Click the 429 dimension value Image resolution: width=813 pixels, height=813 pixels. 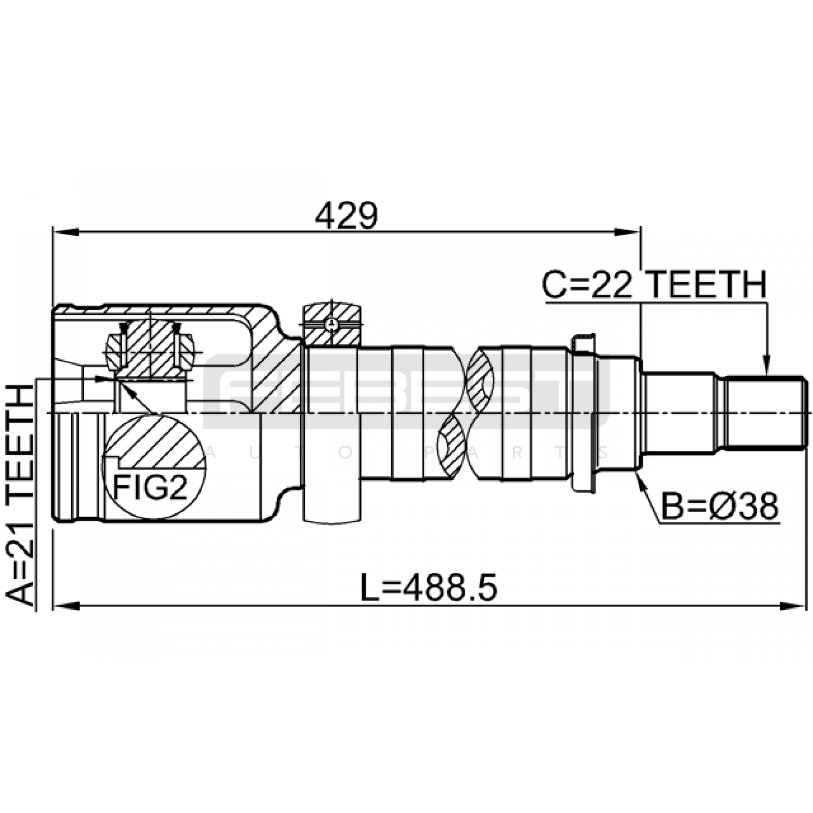(x=346, y=216)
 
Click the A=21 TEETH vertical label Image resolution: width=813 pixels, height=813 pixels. (x=20, y=495)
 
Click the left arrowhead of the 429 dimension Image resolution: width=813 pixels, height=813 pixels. (x=66, y=232)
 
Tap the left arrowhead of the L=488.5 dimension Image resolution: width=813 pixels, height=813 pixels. (x=66, y=606)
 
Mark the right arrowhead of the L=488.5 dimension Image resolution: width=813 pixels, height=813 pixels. (x=793, y=606)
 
